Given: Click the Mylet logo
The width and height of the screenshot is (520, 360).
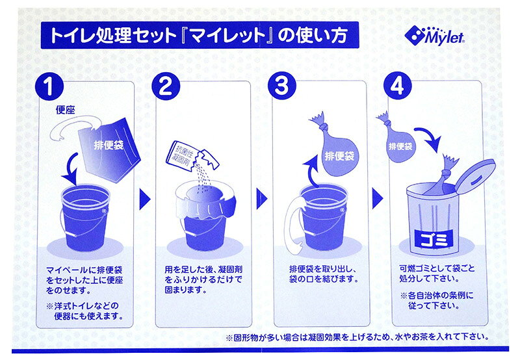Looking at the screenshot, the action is [x=434, y=35].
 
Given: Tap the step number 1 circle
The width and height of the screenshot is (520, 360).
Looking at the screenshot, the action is [x=49, y=86].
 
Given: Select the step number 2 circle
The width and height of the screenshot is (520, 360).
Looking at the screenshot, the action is [x=166, y=86].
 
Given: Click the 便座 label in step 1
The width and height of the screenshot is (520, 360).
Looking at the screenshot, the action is [x=66, y=110].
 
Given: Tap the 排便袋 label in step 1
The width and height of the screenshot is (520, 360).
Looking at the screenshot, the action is [x=109, y=145].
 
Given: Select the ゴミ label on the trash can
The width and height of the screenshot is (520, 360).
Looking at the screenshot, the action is [x=434, y=239].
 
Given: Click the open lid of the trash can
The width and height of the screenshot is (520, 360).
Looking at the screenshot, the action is [x=476, y=175].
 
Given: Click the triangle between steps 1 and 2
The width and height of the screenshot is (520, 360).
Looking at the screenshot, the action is [x=144, y=199].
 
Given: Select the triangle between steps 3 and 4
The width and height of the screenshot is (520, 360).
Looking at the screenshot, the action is [x=377, y=199].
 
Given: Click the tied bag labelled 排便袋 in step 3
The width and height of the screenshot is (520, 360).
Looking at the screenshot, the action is [x=337, y=149].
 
